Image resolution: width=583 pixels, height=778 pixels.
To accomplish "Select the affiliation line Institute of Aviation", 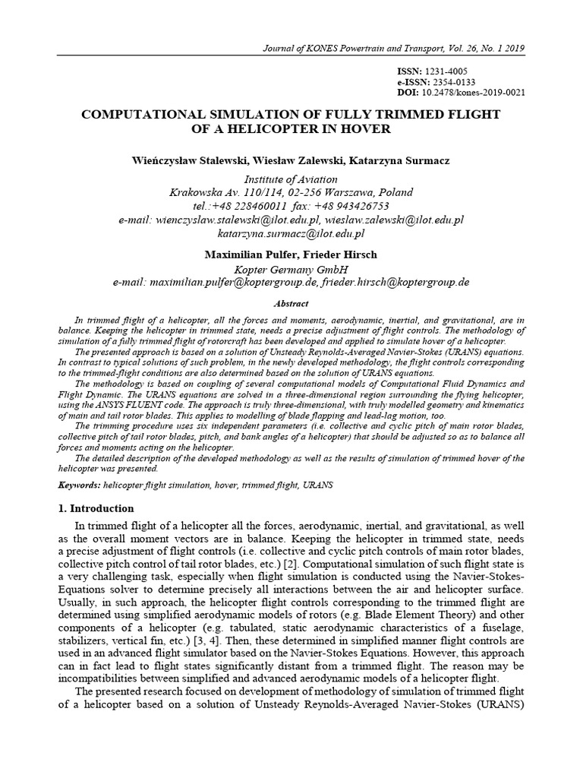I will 291,179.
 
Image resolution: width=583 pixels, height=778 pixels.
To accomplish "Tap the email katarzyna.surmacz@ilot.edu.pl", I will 291,233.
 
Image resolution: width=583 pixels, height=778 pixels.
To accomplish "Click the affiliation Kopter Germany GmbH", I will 291,268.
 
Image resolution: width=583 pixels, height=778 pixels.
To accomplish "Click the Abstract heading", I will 291,302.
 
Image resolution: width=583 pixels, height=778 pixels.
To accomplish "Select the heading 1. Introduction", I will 96,508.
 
